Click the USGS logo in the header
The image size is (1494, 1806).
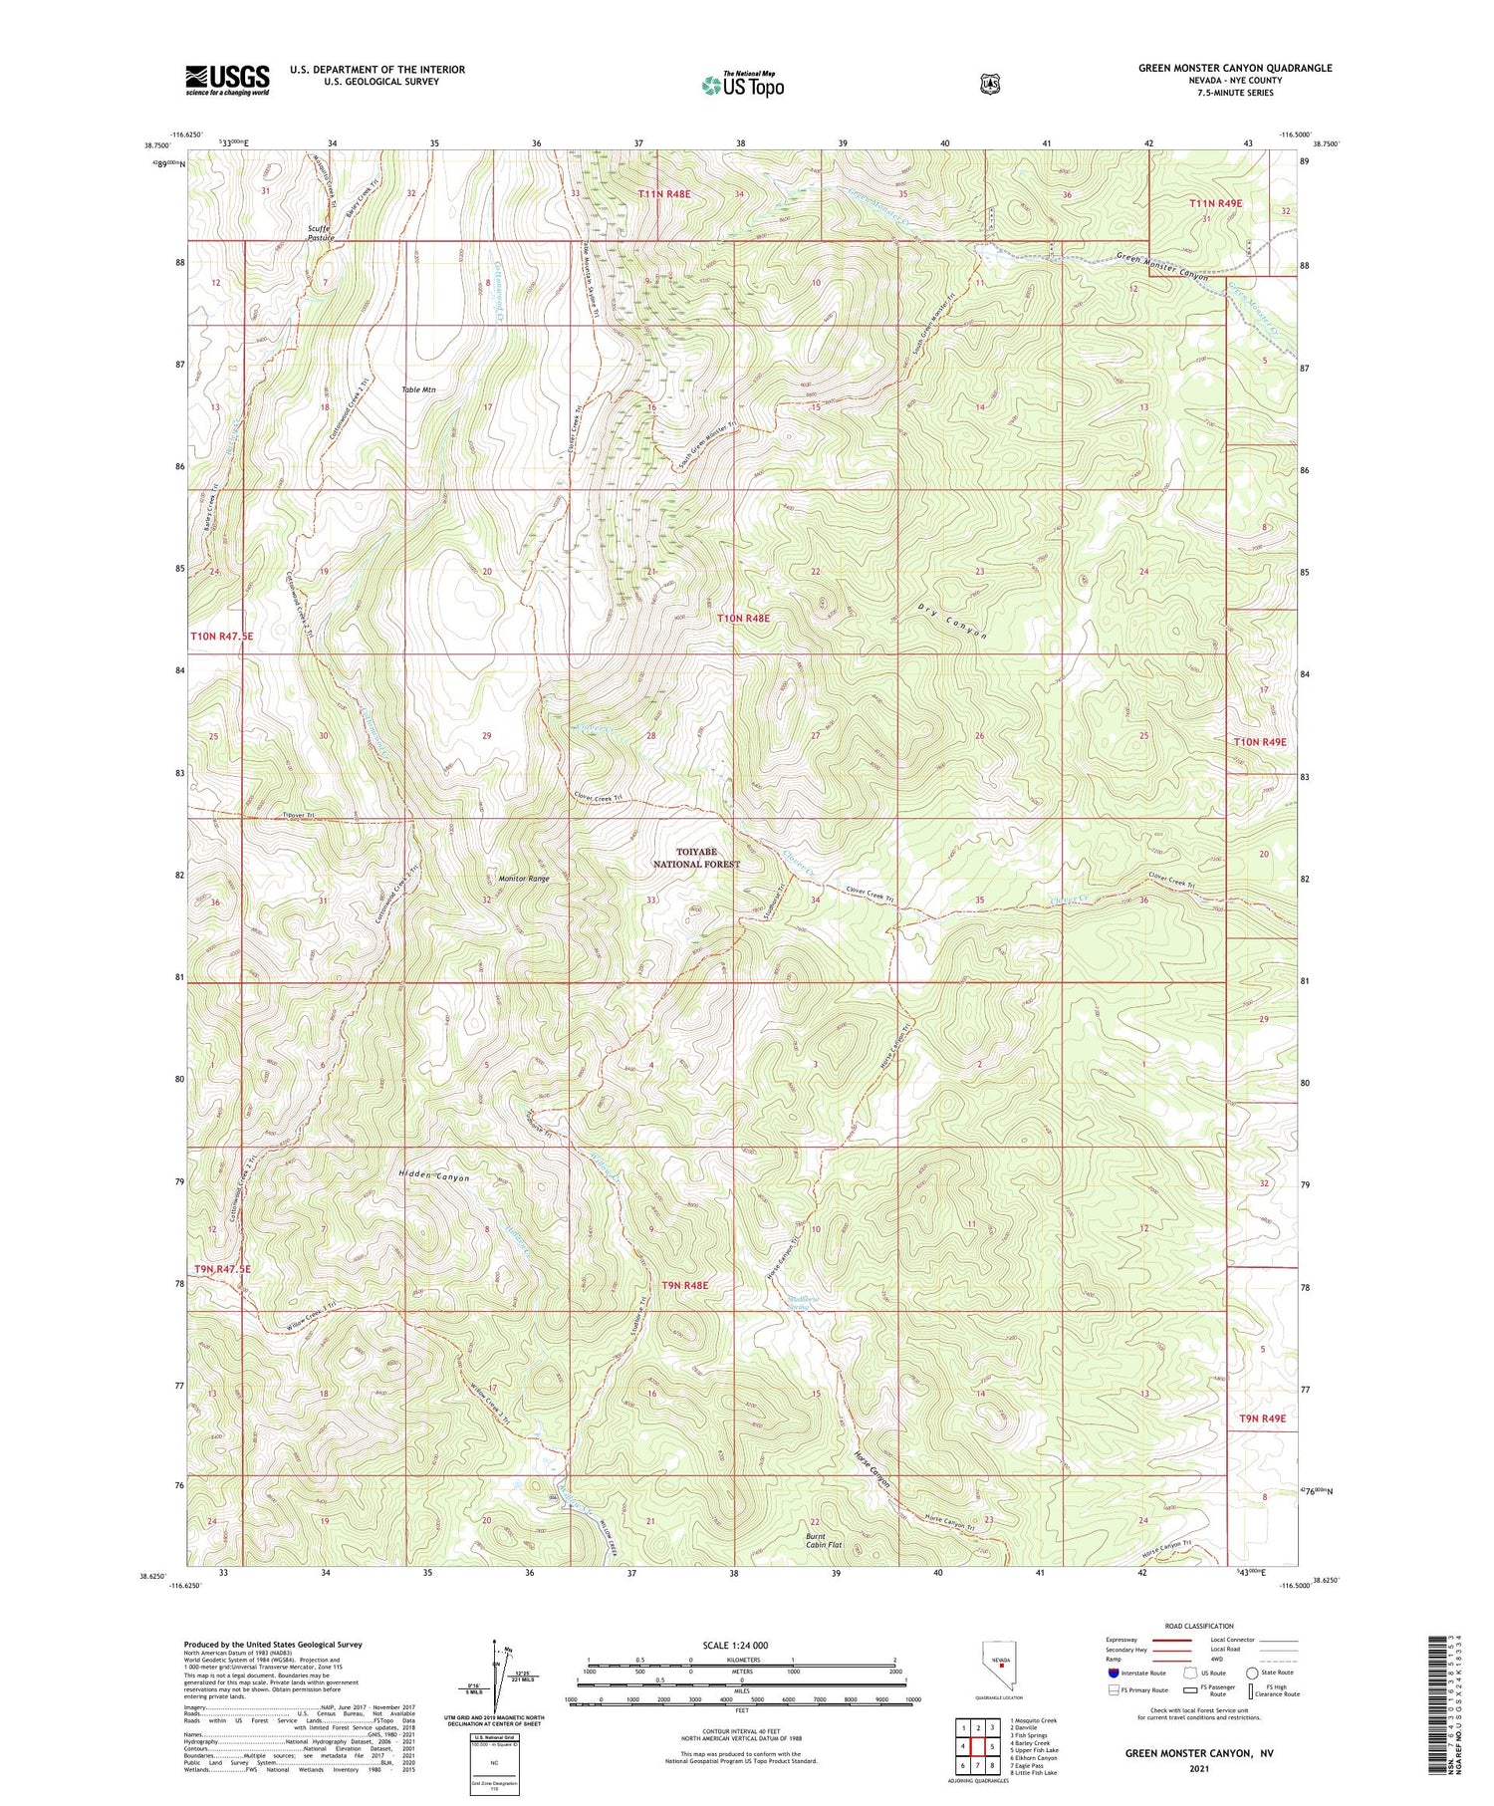pyautogui.click(x=227, y=80)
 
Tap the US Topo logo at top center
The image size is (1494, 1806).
pyautogui.click(x=743, y=85)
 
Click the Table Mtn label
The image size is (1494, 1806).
pyautogui.click(x=418, y=389)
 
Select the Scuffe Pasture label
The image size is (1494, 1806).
pyautogui.click(x=321, y=233)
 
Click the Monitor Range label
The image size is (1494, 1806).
pyautogui.click(x=523, y=879)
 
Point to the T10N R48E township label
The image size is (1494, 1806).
pyautogui.click(x=744, y=619)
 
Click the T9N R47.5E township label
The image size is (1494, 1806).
pyautogui.click(x=221, y=1269)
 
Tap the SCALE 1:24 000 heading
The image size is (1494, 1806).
pyautogui.click(x=741, y=1645)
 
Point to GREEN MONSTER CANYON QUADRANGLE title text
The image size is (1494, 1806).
pyautogui.click(x=1235, y=68)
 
